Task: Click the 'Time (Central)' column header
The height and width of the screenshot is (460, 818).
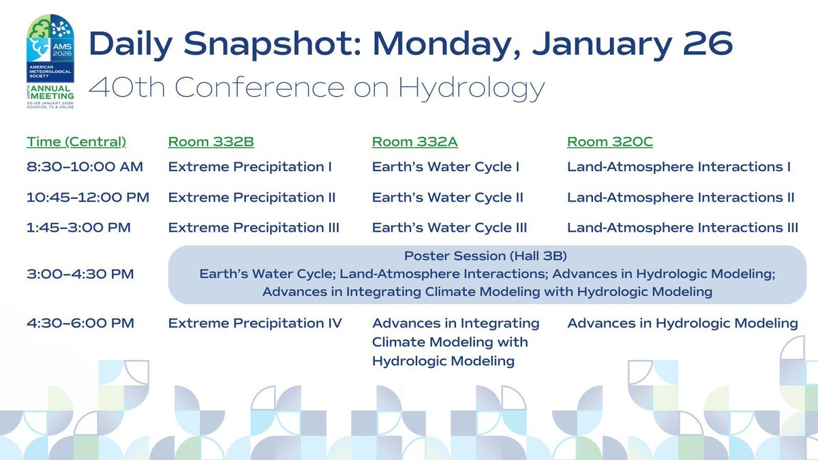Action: [x=76, y=142]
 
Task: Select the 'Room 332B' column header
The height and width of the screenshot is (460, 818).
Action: [x=211, y=142]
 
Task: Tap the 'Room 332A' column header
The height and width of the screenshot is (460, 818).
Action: [x=414, y=142]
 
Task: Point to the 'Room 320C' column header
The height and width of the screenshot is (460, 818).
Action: [x=609, y=142]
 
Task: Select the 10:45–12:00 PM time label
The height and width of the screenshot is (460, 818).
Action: [x=88, y=198]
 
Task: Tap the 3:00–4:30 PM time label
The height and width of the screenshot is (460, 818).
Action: [x=80, y=274]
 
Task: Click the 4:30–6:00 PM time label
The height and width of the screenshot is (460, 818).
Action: [x=80, y=323]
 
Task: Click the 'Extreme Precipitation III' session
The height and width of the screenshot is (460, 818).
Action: [x=254, y=228]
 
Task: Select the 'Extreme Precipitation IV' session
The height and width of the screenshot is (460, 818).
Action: [x=255, y=323]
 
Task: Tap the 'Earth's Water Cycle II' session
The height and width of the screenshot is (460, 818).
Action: [x=447, y=198]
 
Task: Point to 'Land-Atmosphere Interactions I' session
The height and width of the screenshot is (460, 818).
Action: [x=679, y=167]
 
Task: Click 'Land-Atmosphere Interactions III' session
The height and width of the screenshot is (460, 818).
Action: [x=682, y=228]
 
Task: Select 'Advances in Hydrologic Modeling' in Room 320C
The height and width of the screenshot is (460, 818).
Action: [x=682, y=323]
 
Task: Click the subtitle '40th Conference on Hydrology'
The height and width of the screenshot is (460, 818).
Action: [x=317, y=87]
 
